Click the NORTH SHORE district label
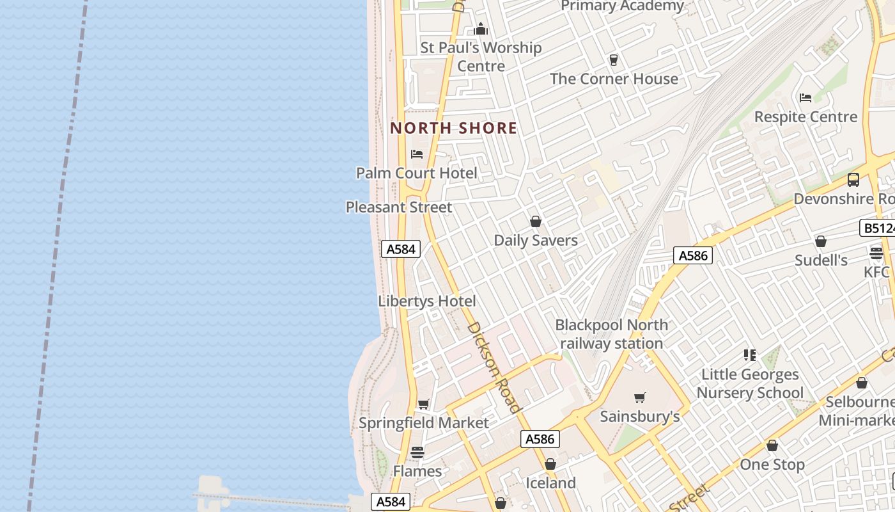[453, 128]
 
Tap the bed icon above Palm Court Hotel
[417, 154]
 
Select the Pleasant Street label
[399, 207]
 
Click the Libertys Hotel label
[427, 301]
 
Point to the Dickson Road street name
[494, 367]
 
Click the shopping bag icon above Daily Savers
[536, 221]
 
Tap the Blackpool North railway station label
[611, 334]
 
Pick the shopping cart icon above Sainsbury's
[640, 397]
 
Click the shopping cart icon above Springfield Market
[423, 404]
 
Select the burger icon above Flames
[417, 452]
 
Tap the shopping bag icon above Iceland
[550, 464]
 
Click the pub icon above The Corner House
[614, 60]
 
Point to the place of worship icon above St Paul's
[481, 29]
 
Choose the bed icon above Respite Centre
[805, 98]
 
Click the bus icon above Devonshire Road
[853, 180]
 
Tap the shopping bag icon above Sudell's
[821, 241]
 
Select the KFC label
[876, 272]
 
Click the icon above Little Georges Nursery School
[750, 355]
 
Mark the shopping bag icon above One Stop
[772, 445]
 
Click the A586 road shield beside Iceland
[541, 439]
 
